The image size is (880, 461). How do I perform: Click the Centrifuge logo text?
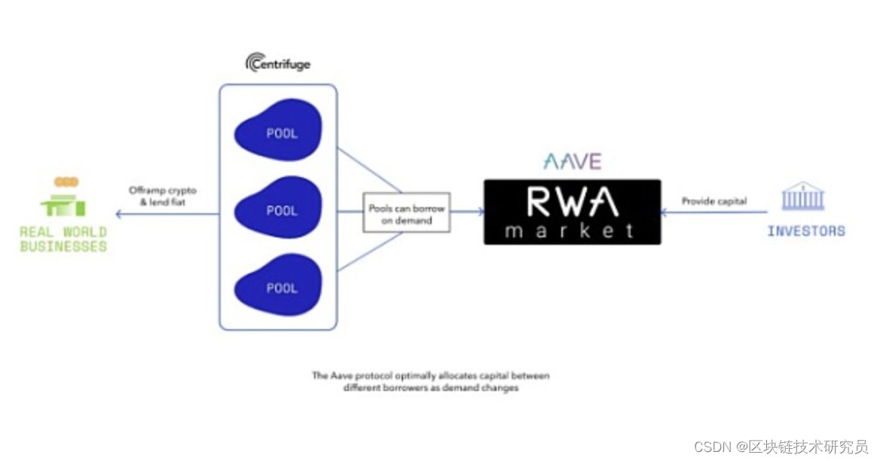click(278, 63)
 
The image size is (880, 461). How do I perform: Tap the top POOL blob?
click(279, 133)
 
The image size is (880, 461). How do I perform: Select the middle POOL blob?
click(279, 210)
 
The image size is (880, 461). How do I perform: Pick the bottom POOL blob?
click(279, 287)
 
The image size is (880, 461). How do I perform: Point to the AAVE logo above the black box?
click(572, 161)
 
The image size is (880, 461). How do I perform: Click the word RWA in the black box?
click(572, 202)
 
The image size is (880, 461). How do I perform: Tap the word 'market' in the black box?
click(570, 230)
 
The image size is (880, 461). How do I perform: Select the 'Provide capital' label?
click(714, 201)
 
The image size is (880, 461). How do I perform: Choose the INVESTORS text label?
click(805, 231)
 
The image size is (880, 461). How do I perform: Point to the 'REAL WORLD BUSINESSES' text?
click(63, 239)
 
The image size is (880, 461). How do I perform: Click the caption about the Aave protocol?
click(431, 381)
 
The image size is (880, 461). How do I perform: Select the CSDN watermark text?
click(781, 447)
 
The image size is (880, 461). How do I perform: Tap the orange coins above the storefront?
click(66, 182)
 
